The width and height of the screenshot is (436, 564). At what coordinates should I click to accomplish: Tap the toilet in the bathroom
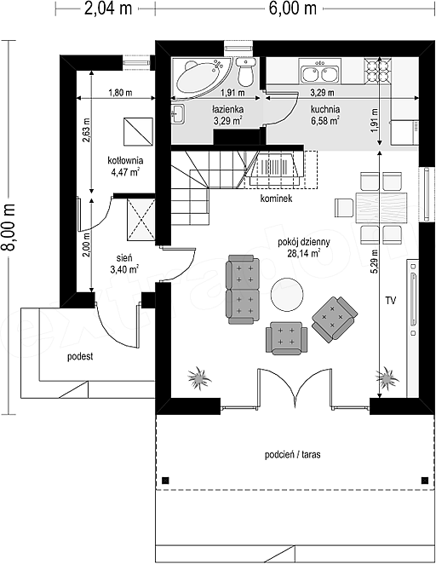pos(246,72)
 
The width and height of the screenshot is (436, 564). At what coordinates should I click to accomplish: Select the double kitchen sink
pos(318,72)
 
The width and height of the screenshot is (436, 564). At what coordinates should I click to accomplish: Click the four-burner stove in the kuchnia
pos(377,70)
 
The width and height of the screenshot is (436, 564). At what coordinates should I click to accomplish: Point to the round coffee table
pos(286,294)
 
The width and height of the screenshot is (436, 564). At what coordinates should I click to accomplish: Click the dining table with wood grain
pos(381,208)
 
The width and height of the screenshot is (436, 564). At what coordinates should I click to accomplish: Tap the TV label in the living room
pos(391,301)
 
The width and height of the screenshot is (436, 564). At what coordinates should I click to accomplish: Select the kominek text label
pos(277,199)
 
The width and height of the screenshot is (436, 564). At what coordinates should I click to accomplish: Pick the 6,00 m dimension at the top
pos(293,8)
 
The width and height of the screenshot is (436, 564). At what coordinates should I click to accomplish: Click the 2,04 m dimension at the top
pos(108,8)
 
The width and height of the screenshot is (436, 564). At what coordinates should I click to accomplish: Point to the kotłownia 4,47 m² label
pos(125,166)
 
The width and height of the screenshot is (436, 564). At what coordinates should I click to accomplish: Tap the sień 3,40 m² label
pos(124,263)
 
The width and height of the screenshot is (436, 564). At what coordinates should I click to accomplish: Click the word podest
pos(80,356)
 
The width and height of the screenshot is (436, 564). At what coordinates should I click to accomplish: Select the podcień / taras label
pos(293,455)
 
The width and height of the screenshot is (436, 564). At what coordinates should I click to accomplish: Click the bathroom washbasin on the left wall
pos(178,114)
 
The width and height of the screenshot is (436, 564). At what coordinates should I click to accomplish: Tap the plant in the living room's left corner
pos(198,377)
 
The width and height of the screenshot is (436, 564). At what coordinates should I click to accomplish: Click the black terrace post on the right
pos(425,481)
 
